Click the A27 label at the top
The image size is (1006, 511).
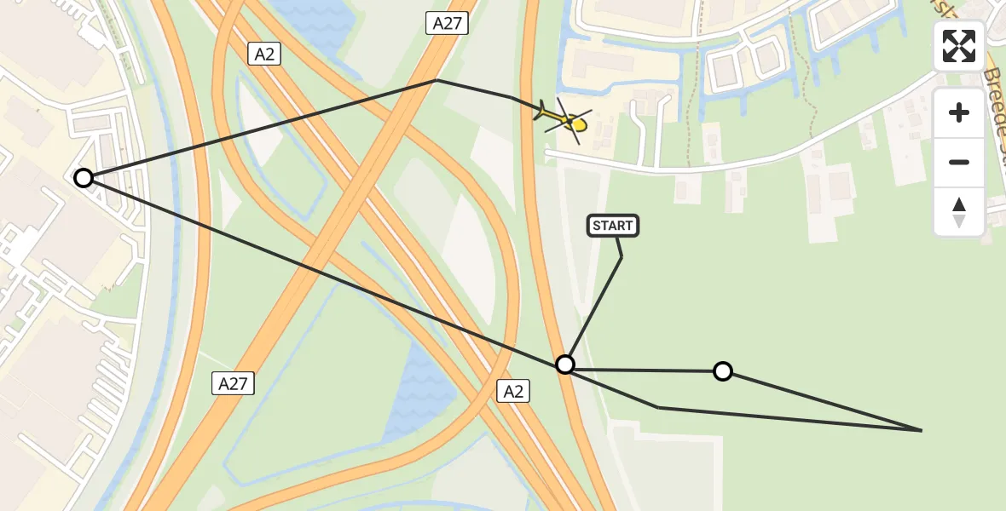[x=447, y=23]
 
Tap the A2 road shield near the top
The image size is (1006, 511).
[x=263, y=55]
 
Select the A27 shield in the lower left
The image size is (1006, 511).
[x=232, y=383]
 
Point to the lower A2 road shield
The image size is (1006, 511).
[x=512, y=391]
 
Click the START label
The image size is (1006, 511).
[x=612, y=226]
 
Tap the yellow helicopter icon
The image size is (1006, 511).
[x=564, y=120]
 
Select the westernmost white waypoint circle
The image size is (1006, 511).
[x=83, y=178]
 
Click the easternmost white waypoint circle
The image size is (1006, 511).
[x=722, y=371]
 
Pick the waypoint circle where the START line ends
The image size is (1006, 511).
[x=564, y=365]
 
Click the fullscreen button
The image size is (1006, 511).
[x=959, y=46]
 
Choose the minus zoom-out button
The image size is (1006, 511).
[x=959, y=163]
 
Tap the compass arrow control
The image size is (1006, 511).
[x=959, y=212]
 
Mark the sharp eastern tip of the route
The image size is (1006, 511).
[x=922, y=430]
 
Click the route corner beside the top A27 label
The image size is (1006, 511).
[x=437, y=80]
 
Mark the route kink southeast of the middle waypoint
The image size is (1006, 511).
[x=658, y=407]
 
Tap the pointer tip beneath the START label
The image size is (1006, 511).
[x=622, y=256]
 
